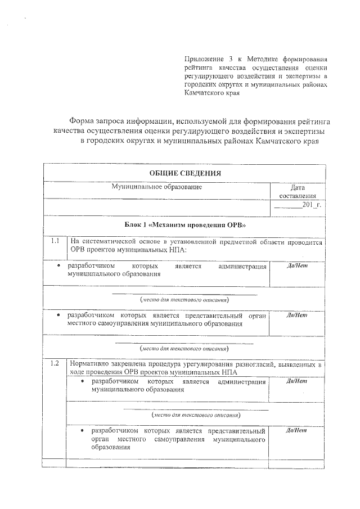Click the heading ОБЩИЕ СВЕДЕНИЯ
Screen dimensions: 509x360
point(185,173)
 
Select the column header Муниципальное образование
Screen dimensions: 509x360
point(156,186)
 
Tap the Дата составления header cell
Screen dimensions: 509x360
point(298,191)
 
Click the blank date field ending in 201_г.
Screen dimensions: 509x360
point(298,205)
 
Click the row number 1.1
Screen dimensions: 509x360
point(55,241)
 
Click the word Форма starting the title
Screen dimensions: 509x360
point(82,121)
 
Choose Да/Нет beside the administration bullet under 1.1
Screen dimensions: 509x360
point(297,265)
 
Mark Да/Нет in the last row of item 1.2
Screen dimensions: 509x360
point(297,431)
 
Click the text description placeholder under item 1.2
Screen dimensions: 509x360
point(196,415)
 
